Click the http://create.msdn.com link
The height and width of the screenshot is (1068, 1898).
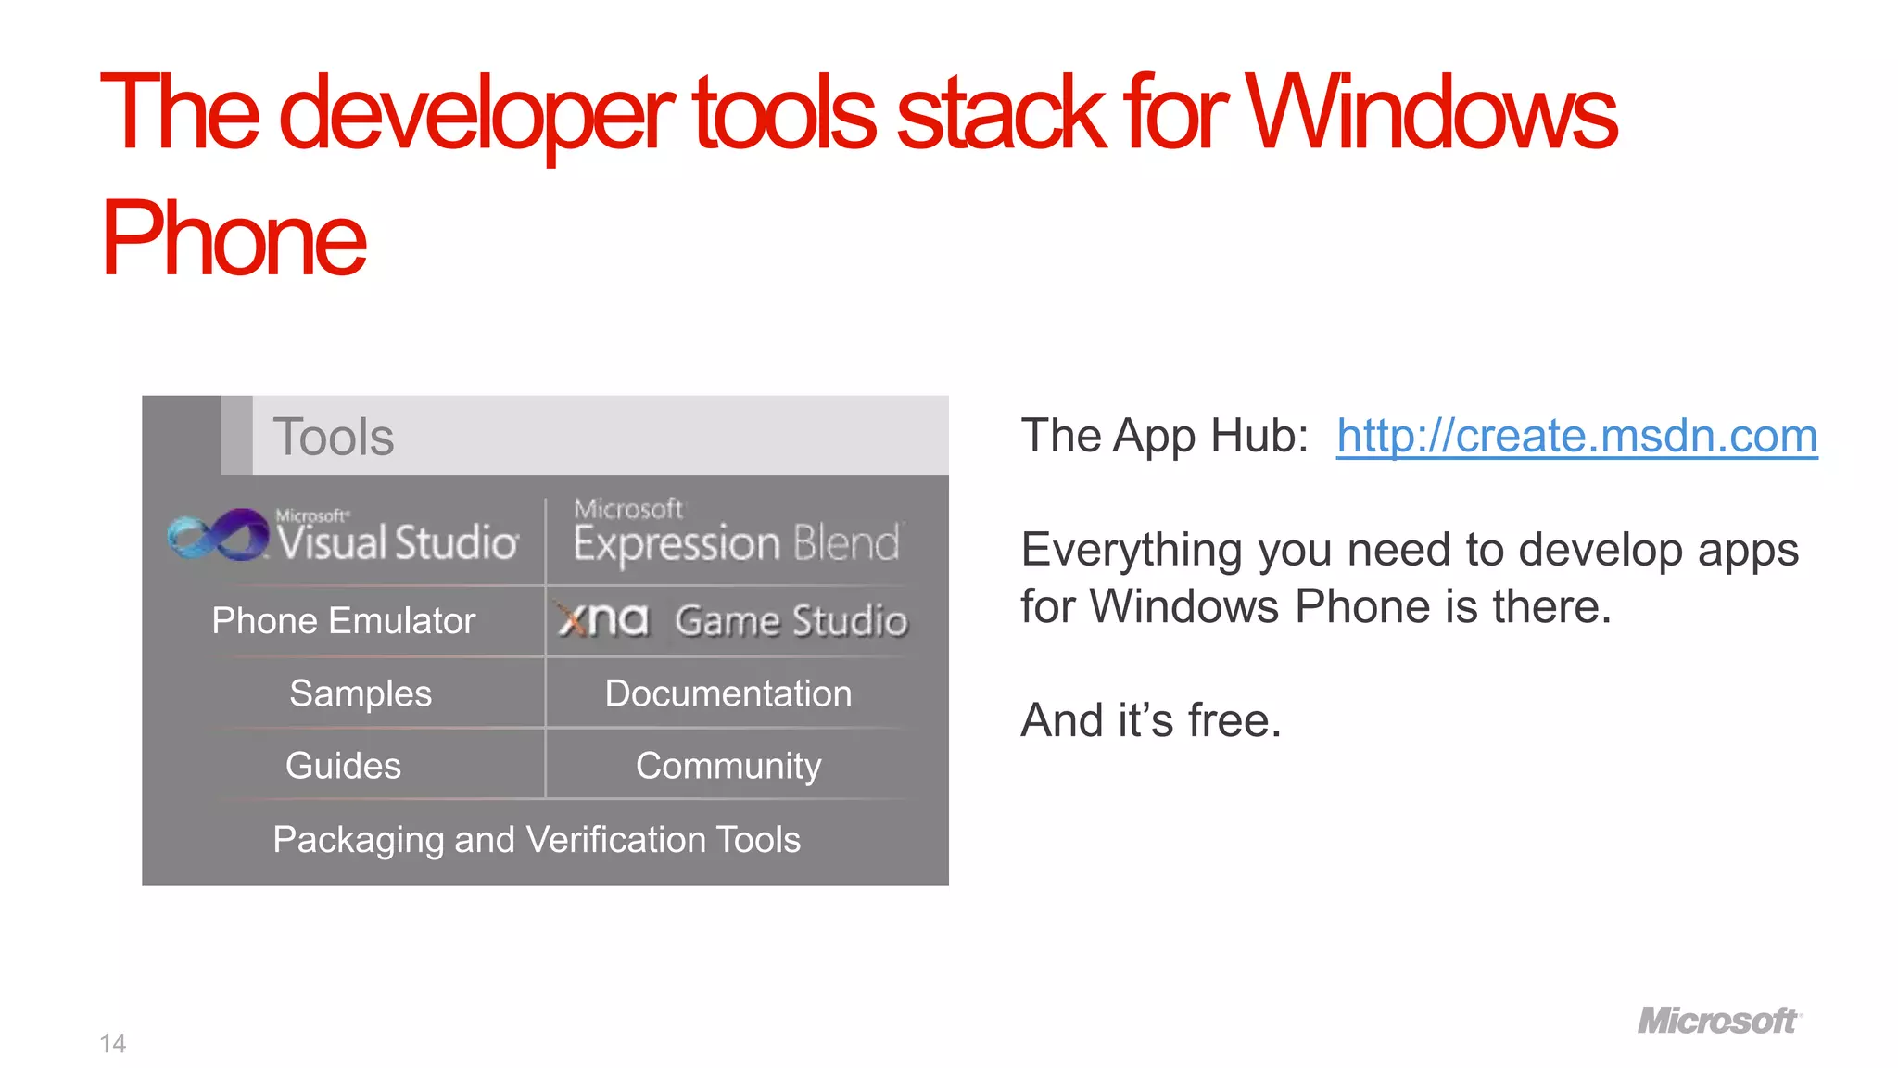coord(1575,436)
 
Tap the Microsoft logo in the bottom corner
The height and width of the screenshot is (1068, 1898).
coord(1719,1021)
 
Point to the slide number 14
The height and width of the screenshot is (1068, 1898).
coord(113,1044)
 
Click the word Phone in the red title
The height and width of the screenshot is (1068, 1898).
coord(234,239)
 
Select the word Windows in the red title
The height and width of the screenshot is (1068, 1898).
coord(1431,113)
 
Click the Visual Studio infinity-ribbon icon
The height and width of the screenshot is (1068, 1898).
coord(219,535)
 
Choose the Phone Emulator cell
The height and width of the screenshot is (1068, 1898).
coord(343,620)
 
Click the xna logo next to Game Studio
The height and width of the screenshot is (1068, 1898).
coord(603,619)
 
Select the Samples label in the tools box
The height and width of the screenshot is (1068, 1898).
coord(361,693)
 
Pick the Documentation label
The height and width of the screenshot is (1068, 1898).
coord(728,693)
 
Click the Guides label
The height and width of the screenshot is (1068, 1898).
coord(343,766)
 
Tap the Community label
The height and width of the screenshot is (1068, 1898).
coord(728,766)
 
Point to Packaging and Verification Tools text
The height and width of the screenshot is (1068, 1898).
coord(537,840)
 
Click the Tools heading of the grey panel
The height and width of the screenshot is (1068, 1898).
coord(334,437)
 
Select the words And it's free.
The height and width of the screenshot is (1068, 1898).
coord(1151,720)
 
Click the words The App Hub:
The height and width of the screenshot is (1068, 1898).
coord(1164,436)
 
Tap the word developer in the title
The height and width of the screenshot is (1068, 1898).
coord(476,113)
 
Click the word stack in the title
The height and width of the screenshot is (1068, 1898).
coord(1001,113)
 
